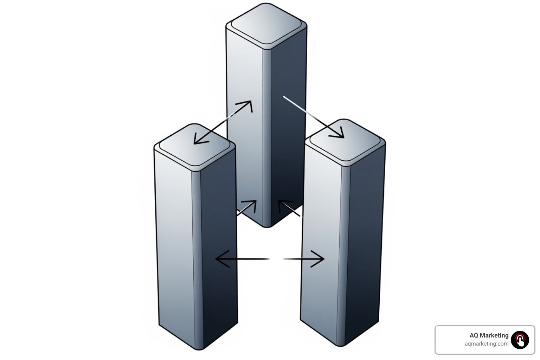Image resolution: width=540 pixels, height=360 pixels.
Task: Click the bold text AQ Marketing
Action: [x=489, y=335]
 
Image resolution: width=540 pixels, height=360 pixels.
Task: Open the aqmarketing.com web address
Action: [x=486, y=344]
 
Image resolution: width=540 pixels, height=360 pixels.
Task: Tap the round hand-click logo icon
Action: [x=520, y=340]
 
